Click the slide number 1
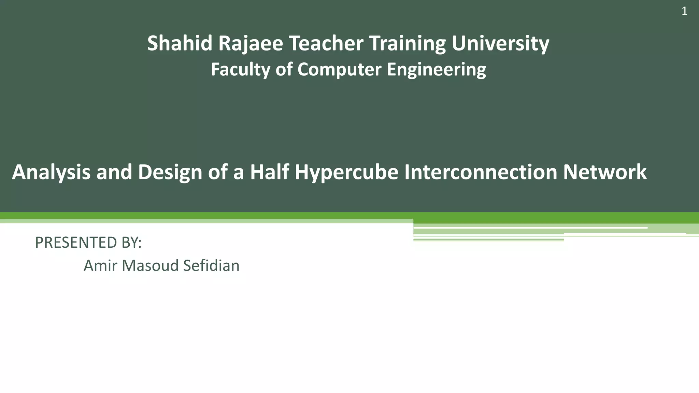point(684,12)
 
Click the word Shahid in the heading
point(180,43)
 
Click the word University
point(500,43)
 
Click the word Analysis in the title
point(51,172)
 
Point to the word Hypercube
point(346,172)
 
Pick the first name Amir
point(100,266)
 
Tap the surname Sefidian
point(211,266)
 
